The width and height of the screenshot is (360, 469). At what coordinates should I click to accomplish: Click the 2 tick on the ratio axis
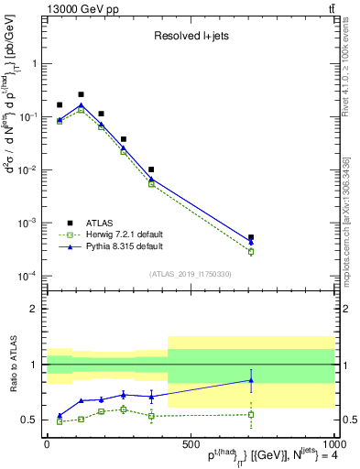32,309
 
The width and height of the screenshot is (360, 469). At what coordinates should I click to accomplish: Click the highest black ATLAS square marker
81,94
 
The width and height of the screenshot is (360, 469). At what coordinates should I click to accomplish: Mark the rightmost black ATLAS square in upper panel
251,237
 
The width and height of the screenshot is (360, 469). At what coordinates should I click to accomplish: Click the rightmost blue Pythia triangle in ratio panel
251,380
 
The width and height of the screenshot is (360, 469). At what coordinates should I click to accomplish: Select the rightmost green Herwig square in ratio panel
251,414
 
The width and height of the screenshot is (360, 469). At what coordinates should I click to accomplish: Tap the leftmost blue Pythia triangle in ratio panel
60,415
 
